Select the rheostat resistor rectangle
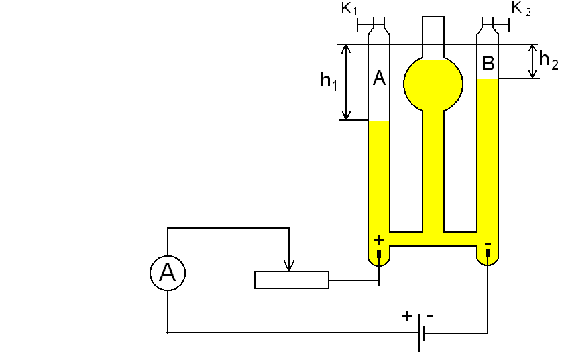pyautogui.click(x=292, y=280)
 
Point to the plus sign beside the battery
pyautogui.click(x=407, y=316)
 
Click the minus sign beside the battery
pyautogui.click(x=430, y=315)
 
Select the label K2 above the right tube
pyautogui.click(x=521, y=9)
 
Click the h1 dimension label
pyautogui.click(x=329, y=81)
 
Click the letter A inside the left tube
pyautogui.click(x=379, y=79)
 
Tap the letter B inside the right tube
pyautogui.click(x=488, y=64)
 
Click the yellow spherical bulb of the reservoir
pyautogui.click(x=433, y=84)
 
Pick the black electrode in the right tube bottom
pyautogui.click(x=488, y=254)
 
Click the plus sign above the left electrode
pyautogui.click(x=378, y=239)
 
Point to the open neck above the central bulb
pyautogui.click(x=433, y=34)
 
